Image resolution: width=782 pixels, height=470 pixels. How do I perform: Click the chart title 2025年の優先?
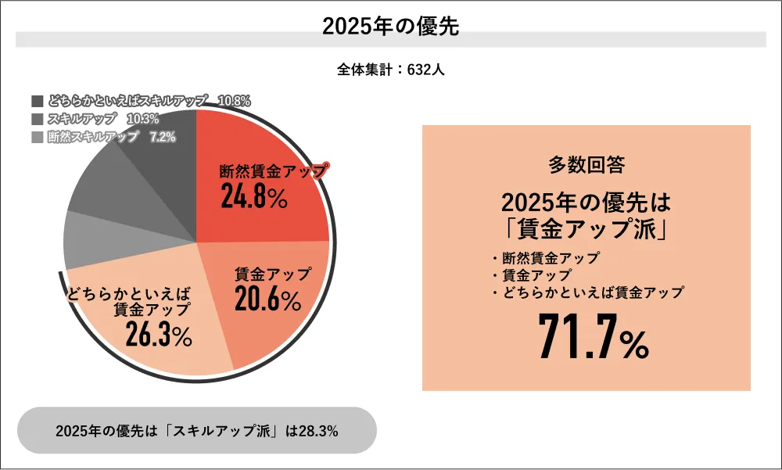[x=390, y=26]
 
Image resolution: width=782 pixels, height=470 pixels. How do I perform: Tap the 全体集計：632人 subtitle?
[x=390, y=70]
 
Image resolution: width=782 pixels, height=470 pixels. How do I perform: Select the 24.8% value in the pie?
[x=253, y=197]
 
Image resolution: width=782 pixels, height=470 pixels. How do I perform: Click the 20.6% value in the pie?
[x=267, y=300]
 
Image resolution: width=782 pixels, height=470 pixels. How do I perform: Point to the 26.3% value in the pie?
[x=159, y=335]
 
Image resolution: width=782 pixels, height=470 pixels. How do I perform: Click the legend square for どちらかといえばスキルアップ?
[x=38, y=101]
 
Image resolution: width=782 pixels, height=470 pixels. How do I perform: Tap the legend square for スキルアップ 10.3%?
[x=38, y=119]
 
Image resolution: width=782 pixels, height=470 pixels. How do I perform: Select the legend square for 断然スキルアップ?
[x=38, y=137]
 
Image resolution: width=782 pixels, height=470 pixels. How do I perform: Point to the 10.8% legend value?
[x=234, y=101]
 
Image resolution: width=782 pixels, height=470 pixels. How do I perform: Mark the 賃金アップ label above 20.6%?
[x=273, y=274]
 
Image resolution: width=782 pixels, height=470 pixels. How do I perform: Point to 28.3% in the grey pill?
[x=319, y=431]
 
